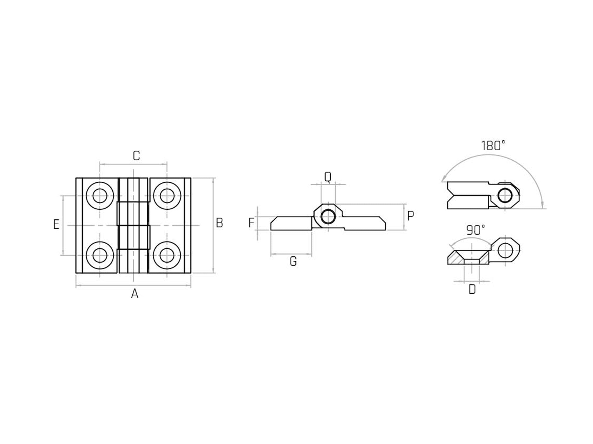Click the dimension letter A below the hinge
pos(135,294)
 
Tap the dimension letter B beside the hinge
pos(219,223)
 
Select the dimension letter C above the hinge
pos(136,156)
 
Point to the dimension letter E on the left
pos(56,225)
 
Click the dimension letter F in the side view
pos(251,223)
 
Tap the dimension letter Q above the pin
pos(328,177)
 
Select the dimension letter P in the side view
pos(410,216)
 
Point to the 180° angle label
pos(493,146)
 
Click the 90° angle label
pos(476,230)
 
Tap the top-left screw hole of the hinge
pos(100,196)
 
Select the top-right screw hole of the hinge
pos(167,196)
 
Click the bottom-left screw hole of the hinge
pos(100,255)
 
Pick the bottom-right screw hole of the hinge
pos(167,255)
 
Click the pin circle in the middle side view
pos(328,217)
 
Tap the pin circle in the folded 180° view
pos(505,195)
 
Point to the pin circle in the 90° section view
pos(505,250)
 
